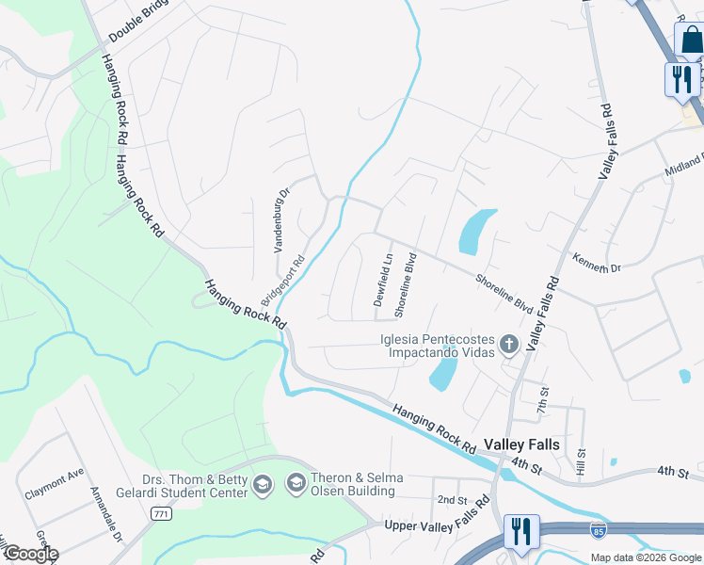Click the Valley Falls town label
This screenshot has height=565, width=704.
click(x=521, y=444)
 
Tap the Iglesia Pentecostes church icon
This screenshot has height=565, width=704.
click(x=509, y=345)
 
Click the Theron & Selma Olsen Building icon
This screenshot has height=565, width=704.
click(x=296, y=484)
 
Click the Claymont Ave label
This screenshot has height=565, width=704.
click(x=55, y=476)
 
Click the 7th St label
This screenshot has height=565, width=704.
click(x=542, y=397)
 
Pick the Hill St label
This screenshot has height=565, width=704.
click(x=582, y=461)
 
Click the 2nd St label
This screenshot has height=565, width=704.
click(x=452, y=499)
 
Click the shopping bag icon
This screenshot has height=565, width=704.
click(x=690, y=40)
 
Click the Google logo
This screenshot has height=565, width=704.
click(x=31, y=554)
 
